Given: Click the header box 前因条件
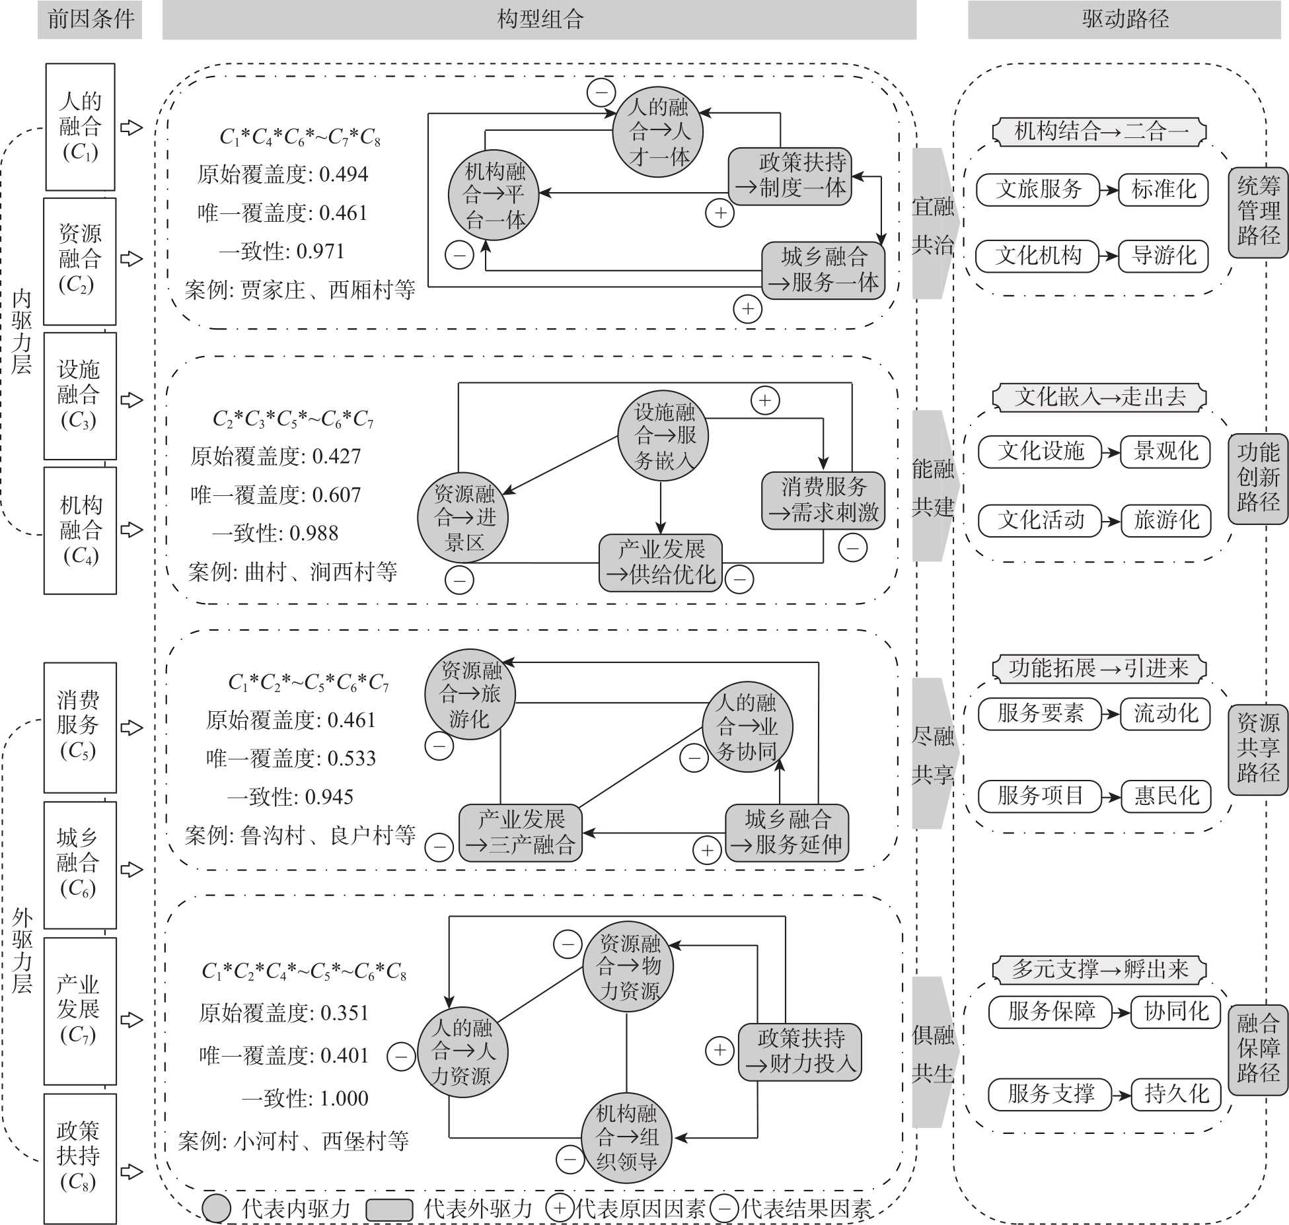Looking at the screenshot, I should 90,19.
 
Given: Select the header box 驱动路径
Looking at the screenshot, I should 1124,19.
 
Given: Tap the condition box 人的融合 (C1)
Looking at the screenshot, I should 80,127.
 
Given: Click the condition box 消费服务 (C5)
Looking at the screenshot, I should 80,726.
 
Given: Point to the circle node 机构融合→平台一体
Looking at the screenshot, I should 493,195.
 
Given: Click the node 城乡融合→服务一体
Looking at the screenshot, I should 823,269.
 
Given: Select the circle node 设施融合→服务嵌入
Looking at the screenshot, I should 663,436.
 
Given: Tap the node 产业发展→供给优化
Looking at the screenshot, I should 661,562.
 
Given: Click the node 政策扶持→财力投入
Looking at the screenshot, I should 799,1052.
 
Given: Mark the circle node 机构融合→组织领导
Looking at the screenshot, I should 626,1137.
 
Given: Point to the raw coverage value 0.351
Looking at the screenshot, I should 344,1012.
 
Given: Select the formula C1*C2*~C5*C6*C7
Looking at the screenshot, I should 309,682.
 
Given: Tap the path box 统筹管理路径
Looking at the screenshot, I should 1258,212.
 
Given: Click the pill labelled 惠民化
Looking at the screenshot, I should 1166,796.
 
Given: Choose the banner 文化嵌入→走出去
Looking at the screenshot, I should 1099,397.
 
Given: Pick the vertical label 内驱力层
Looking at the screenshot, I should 21,332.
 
